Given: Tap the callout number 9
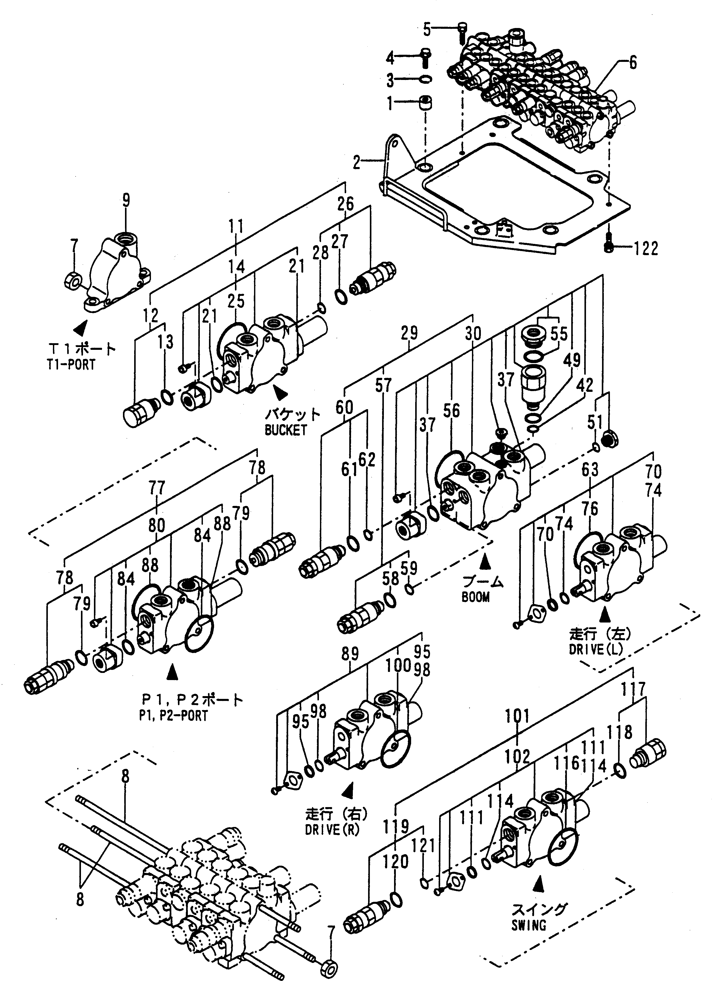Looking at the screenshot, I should coord(126,201).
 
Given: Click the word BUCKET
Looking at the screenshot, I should coord(286,430).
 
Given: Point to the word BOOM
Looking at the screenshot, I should coord(475,597).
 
